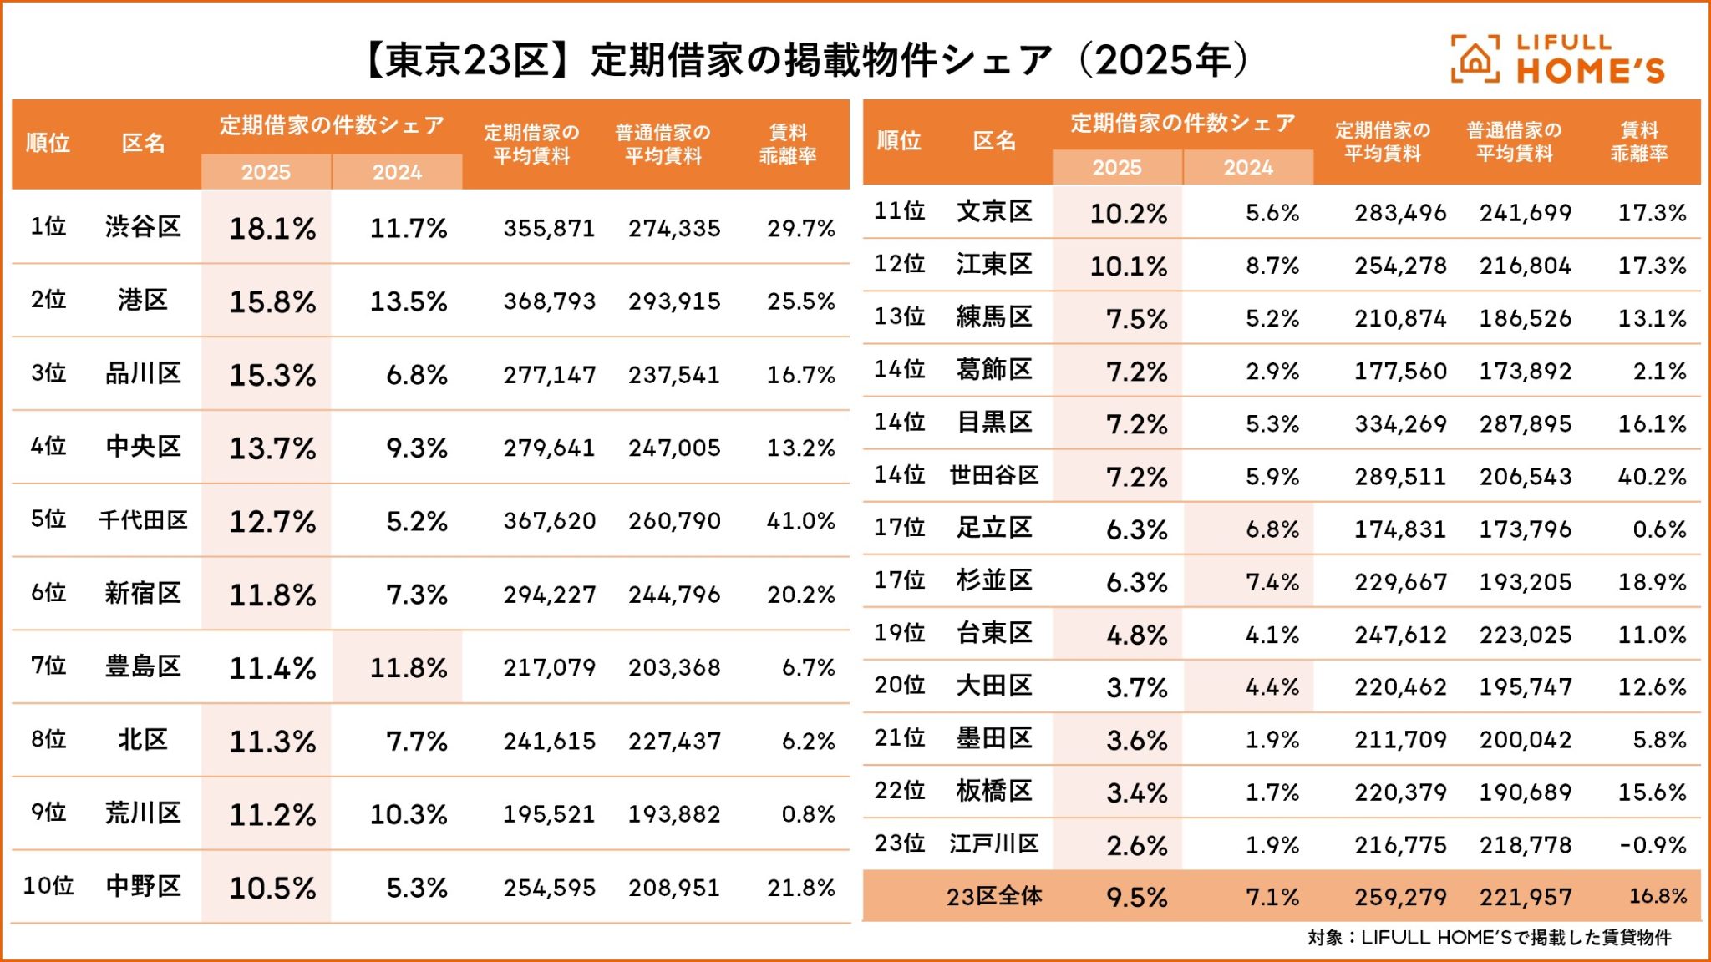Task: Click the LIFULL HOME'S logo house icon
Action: (x=1475, y=59)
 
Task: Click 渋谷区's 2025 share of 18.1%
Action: (x=272, y=228)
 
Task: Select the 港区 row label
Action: (x=143, y=300)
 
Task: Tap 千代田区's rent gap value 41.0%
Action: (x=800, y=521)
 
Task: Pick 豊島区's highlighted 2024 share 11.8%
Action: (x=409, y=668)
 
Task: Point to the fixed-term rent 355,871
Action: (x=549, y=228)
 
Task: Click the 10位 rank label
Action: (x=48, y=886)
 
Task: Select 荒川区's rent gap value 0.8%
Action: (x=808, y=814)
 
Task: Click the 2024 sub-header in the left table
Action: (x=397, y=172)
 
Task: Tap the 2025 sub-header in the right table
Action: (x=1117, y=168)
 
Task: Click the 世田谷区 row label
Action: (x=994, y=476)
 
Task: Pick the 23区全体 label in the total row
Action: (x=994, y=897)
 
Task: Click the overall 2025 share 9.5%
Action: (x=1136, y=898)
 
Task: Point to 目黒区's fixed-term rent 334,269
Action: (x=1400, y=424)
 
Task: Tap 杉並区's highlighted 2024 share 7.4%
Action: (x=1272, y=582)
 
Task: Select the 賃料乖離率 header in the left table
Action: (x=788, y=144)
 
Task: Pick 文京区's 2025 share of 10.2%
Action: (x=1128, y=214)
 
